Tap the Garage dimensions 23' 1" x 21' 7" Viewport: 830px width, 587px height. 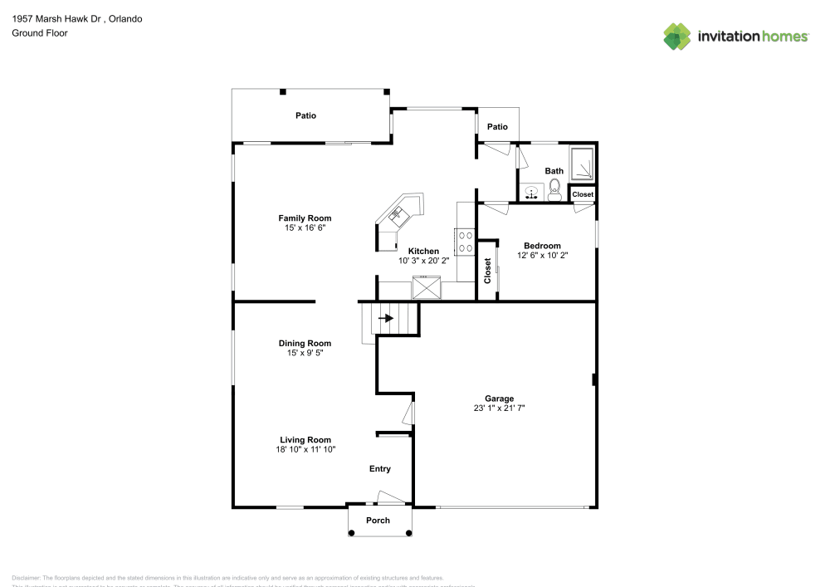click(x=500, y=408)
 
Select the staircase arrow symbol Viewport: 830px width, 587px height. click(x=386, y=318)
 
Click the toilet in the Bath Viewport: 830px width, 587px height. click(x=554, y=193)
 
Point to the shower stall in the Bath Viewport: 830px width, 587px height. click(x=582, y=164)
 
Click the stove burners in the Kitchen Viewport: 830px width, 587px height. click(x=466, y=242)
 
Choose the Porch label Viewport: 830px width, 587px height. click(x=378, y=521)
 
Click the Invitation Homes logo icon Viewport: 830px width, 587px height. click(x=677, y=36)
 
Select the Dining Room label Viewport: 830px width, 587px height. click(x=305, y=343)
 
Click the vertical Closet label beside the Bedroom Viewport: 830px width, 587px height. click(x=487, y=271)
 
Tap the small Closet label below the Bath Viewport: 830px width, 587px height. click(x=583, y=194)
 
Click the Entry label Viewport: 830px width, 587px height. click(x=380, y=469)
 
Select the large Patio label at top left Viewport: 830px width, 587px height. click(x=306, y=115)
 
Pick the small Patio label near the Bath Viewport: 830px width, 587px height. click(x=497, y=127)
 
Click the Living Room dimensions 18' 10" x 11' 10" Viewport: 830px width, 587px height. click(x=304, y=449)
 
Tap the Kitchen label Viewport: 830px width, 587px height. click(x=423, y=251)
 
